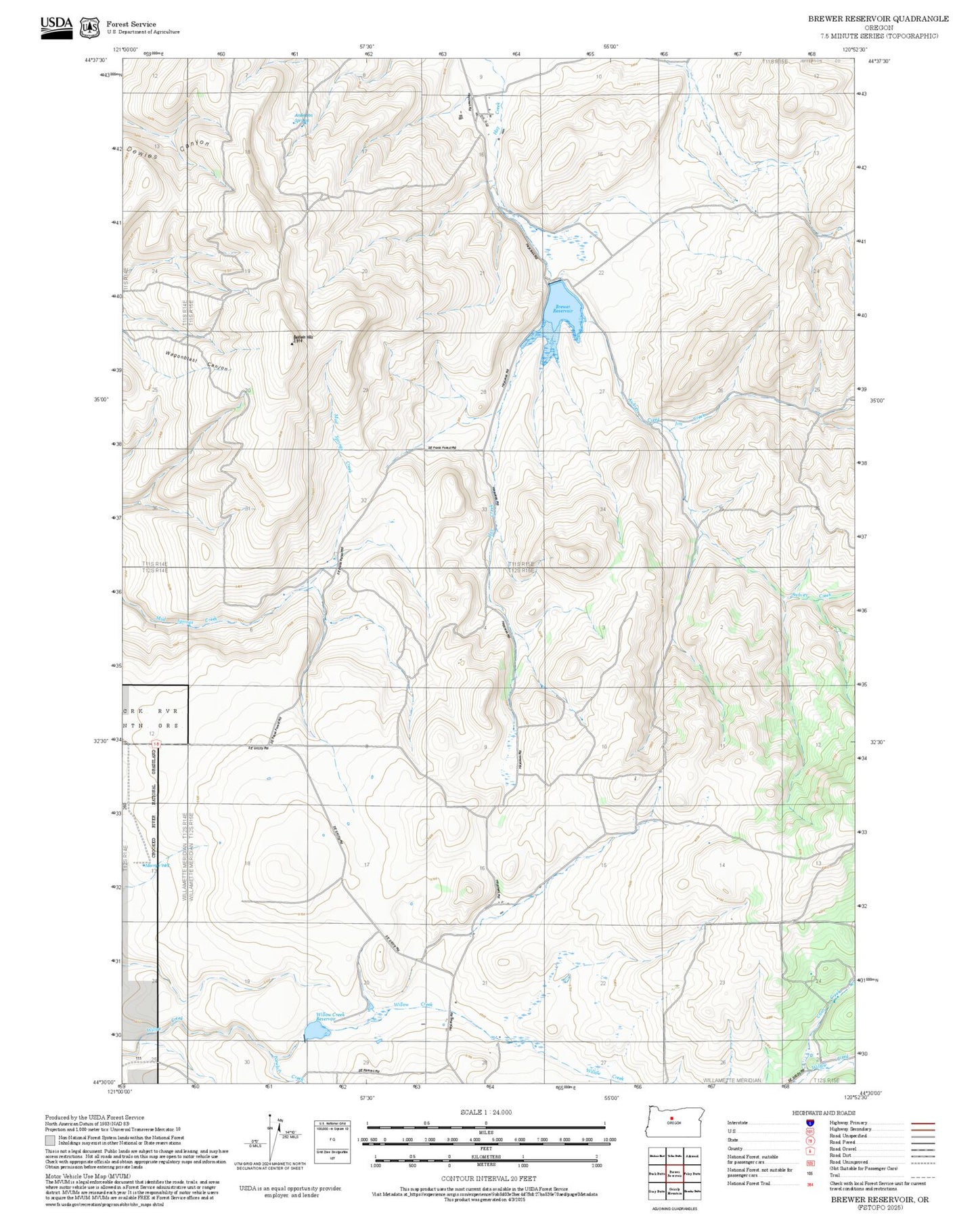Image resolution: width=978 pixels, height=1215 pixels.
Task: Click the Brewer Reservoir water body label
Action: coord(564,308)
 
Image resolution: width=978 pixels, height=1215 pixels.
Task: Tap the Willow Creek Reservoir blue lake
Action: coord(315,1031)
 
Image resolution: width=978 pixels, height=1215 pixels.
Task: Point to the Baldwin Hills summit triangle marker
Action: coord(292,344)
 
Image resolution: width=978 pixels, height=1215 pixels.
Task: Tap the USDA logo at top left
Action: coord(56,27)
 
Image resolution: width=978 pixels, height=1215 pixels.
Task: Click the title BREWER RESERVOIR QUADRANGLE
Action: coord(878,19)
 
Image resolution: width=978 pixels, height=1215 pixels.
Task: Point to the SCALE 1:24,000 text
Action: coord(486,1112)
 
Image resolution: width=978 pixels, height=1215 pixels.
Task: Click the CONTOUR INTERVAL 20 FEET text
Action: coord(488,1178)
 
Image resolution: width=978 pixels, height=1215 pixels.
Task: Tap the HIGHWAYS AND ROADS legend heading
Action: coord(824,1113)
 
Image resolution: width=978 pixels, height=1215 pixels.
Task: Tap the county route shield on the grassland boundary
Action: coord(157,744)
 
